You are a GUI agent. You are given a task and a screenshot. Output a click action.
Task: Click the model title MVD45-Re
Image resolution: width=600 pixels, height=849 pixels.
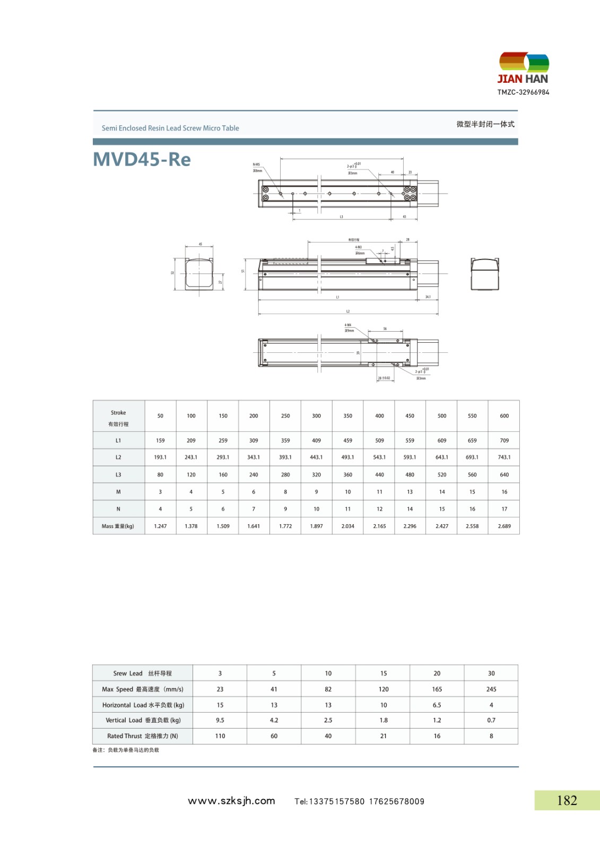coord(142,159)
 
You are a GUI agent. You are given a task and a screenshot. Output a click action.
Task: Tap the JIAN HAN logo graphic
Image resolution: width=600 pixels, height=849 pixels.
coord(524,63)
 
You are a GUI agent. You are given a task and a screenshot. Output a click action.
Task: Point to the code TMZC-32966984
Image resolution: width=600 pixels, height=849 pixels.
coord(523,92)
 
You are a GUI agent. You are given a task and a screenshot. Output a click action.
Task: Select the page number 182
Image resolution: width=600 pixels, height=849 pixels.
coord(567,800)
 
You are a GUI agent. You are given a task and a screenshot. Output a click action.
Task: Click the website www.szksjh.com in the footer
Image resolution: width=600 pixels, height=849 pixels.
coord(231,801)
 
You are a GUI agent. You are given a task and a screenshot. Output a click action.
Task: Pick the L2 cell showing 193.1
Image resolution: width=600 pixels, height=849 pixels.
coord(160,457)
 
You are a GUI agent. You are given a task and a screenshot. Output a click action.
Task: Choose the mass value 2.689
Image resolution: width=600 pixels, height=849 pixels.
coord(504,526)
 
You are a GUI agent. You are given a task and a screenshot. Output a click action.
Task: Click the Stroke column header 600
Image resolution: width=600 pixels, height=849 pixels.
coord(504,416)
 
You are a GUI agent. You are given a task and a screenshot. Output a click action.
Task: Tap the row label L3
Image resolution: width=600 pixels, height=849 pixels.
coord(118,475)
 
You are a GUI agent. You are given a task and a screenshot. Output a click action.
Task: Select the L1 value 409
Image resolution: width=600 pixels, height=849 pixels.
coord(316,440)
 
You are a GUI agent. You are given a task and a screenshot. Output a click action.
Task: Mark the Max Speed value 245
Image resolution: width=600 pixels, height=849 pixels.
coord(491,689)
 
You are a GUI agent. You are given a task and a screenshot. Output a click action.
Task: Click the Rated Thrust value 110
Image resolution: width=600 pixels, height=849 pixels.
coord(220,736)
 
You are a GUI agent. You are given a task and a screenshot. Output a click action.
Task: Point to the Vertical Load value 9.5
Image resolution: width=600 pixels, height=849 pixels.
coord(220,721)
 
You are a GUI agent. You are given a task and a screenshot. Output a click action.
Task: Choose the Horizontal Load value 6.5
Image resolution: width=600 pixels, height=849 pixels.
coord(437,705)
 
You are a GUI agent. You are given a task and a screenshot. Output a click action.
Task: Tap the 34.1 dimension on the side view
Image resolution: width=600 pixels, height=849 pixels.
coord(428,297)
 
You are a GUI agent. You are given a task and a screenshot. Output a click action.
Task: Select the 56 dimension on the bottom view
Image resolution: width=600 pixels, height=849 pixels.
coord(385,329)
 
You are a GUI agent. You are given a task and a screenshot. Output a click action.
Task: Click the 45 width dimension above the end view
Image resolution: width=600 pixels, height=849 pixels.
coord(200,245)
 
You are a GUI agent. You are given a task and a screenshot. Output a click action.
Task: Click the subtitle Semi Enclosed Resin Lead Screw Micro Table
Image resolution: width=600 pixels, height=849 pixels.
coord(170,128)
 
